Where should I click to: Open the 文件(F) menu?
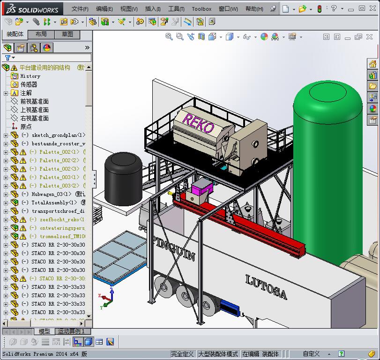(80, 9)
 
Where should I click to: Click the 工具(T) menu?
(176, 9)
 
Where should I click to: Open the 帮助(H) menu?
(254, 9)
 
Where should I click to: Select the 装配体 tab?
(15, 34)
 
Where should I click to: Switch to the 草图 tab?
(67, 34)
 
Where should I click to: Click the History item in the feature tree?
(30, 76)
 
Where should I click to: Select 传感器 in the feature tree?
(29, 84)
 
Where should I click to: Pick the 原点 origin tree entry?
(26, 127)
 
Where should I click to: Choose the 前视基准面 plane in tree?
(34, 101)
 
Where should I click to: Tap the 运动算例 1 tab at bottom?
(70, 331)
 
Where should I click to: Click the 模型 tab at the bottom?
(44, 331)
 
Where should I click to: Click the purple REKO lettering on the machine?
(198, 123)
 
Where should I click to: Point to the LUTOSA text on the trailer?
(266, 287)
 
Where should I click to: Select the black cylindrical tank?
(123, 177)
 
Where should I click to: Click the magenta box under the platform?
(202, 189)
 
